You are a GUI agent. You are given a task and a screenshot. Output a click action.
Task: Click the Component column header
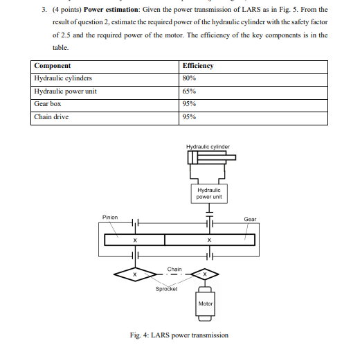point(53,66)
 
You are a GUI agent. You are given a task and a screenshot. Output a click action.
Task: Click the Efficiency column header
point(199,66)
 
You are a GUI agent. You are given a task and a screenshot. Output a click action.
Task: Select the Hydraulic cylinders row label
point(63,78)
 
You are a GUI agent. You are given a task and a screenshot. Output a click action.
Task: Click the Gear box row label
point(48,103)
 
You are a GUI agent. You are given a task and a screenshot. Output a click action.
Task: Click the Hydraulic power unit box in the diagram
point(208,193)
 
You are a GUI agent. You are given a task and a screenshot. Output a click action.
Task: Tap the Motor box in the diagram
point(206,303)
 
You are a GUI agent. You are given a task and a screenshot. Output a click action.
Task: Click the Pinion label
point(110,217)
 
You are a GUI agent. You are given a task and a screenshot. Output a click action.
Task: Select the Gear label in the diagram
point(250,219)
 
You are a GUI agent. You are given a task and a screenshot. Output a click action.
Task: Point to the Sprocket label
point(166,288)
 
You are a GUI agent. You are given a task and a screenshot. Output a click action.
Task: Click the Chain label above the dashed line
point(174,268)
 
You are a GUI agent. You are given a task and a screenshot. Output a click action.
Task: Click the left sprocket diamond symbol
point(136,274)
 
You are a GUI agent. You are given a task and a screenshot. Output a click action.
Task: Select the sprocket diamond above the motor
point(206,274)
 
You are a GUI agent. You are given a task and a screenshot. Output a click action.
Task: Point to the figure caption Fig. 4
point(179,335)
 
